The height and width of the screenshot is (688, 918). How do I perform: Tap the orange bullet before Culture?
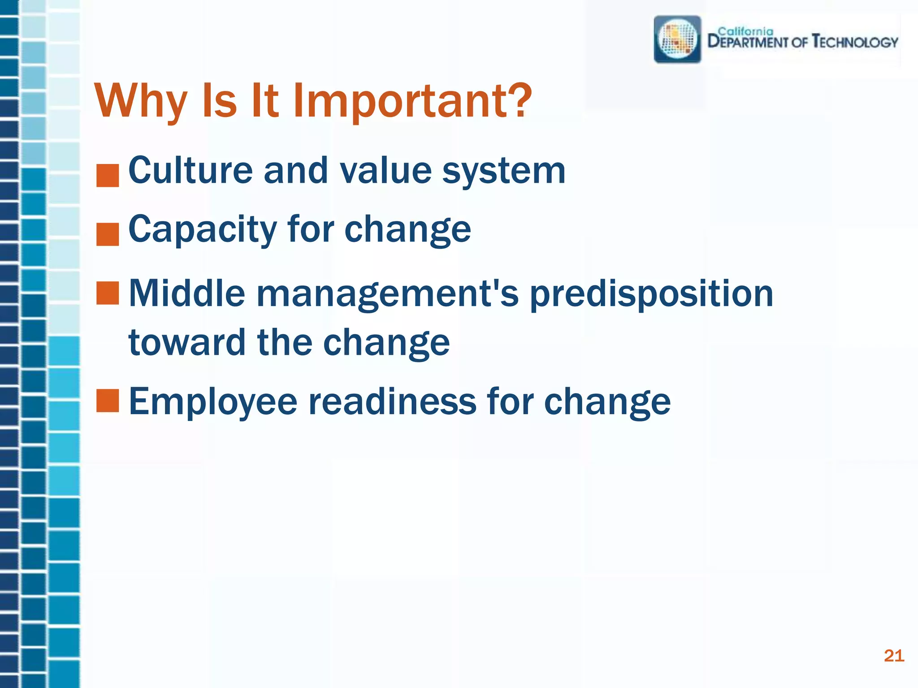click(x=108, y=176)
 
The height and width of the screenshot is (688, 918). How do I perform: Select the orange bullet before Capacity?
click(x=108, y=234)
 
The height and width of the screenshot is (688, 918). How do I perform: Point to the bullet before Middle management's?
click(x=108, y=293)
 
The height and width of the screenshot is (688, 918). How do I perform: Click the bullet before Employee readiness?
click(x=108, y=400)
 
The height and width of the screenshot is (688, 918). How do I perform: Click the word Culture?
click(x=191, y=170)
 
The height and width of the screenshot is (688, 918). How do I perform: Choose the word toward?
click(x=187, y=343)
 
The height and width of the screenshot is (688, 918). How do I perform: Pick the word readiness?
click(x=392, y=401)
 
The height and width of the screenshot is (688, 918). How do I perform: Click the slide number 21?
click(x=894, y=656)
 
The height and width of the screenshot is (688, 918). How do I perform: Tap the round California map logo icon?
click(x=677, y=39)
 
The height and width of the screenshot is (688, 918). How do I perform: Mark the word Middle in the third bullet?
click(x=187, y=294)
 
